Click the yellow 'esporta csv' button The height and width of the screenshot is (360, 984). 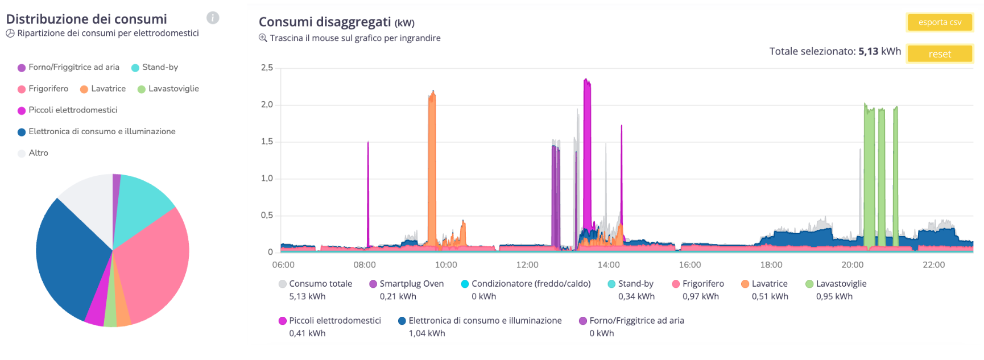pyautogui.click(x=939, y=22)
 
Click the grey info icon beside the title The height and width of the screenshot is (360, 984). pyautogui.click(x=213, y=18)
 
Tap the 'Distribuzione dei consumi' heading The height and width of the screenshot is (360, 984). pyautogui.click(x=86, y=19)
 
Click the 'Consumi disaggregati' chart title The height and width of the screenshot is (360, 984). pyautogui.click(x=325, y=22)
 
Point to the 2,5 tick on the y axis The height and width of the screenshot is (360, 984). pyautogui.click(x=267, y=68)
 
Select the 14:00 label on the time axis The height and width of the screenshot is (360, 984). pyautogui.click(x=608, y=264)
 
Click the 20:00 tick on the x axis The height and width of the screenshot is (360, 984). pyautogui.click(x=852, y=264)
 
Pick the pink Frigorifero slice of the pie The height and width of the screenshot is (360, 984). pyautogui.click(x=154, y=262)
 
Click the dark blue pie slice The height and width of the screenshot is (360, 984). pyautogui.click(x=68, y=256)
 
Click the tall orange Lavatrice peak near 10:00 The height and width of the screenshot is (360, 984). pyautogui.click(x=432, y=171)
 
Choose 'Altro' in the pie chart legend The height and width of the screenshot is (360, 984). pyautogui.click(x=38, y=153)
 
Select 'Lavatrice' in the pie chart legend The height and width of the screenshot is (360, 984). pyautogui.click(x=108, y=89)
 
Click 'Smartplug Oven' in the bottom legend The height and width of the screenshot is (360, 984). pyautogui.click(x=411, y=284)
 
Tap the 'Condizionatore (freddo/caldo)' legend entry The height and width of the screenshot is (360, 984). pyautogui.click(x=531, y=284)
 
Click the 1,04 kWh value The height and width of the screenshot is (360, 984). pyautogui.click(x=427, y=333)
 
